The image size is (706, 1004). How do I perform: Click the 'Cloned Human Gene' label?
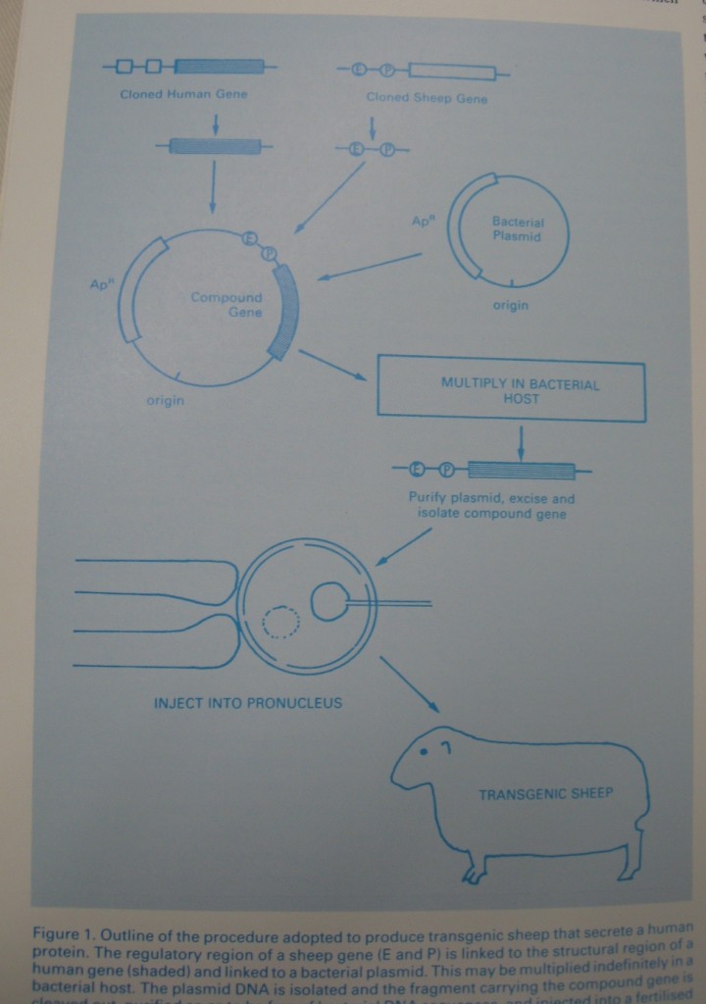pos(183,94)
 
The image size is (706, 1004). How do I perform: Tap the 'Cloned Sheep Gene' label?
pos(426,98)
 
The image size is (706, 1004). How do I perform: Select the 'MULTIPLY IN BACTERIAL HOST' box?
pos(511,391)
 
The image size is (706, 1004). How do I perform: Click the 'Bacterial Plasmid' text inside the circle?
pos(517,229)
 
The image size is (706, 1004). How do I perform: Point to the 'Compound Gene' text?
pos(227,304)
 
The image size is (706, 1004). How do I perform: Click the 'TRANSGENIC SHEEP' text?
pos(545,793)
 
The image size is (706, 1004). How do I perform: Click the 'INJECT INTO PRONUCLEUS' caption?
pos(248,703)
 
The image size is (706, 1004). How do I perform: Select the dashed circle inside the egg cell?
pos(281,622)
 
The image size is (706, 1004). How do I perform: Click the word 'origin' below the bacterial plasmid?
pos(510,305)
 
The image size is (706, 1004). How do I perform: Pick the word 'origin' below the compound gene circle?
pos(166,400)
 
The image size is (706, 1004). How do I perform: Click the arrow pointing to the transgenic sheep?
pos(410,684)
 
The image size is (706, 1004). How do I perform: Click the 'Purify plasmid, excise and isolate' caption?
pos(491,506)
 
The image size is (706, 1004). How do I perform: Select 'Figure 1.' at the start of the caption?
pos(64,931)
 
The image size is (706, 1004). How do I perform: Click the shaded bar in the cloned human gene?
pos(220,67)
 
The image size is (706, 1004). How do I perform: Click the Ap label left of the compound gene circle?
pos(98,284)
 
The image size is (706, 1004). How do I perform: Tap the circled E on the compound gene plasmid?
pos(250,237)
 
